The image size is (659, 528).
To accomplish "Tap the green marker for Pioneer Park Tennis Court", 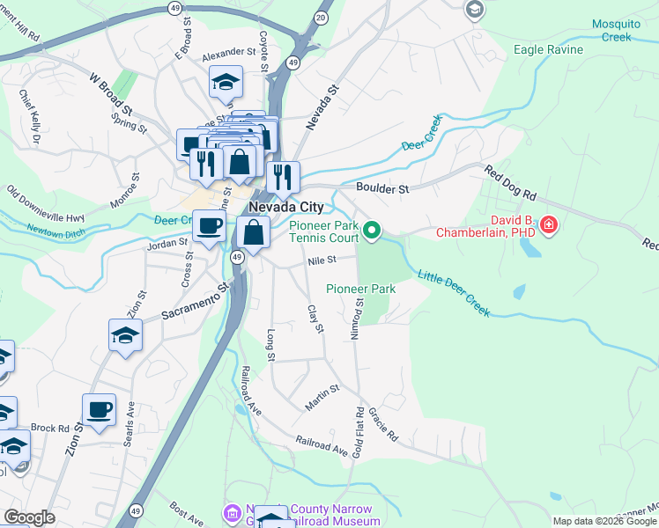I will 373,231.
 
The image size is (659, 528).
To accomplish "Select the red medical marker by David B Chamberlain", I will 549,226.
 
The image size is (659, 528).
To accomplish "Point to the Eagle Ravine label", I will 548,49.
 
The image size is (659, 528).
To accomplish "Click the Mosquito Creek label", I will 604,30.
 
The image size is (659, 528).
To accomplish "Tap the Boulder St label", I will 382,188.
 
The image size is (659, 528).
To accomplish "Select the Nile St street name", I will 322,260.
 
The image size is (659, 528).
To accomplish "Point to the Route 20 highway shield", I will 320,18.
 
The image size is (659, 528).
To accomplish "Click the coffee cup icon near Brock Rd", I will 99,409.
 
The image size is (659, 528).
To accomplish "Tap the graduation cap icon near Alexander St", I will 226,83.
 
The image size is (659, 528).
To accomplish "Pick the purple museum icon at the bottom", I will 233,512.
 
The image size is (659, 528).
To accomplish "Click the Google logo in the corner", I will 28,517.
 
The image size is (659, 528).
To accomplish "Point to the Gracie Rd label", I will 383,425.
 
